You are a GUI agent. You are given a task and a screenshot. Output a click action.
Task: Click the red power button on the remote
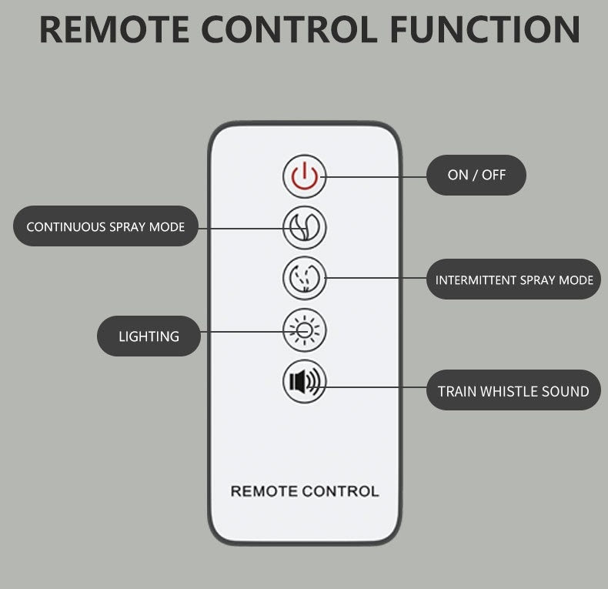305,176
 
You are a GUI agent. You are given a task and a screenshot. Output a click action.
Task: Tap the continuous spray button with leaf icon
305,227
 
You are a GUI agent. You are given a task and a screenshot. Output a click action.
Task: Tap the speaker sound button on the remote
305,382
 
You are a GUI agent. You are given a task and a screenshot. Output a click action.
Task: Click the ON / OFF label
476,175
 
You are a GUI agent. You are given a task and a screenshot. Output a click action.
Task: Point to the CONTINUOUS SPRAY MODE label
105,226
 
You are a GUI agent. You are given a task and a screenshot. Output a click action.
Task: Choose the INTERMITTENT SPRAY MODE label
513,279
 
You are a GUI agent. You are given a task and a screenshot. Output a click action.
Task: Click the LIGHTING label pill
149,336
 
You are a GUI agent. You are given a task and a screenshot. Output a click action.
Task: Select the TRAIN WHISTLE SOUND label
513,391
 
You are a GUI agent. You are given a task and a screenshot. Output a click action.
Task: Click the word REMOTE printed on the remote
264,490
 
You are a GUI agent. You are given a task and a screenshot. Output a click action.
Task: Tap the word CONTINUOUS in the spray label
65,226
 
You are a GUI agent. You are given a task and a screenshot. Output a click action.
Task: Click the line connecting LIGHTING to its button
242,332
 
